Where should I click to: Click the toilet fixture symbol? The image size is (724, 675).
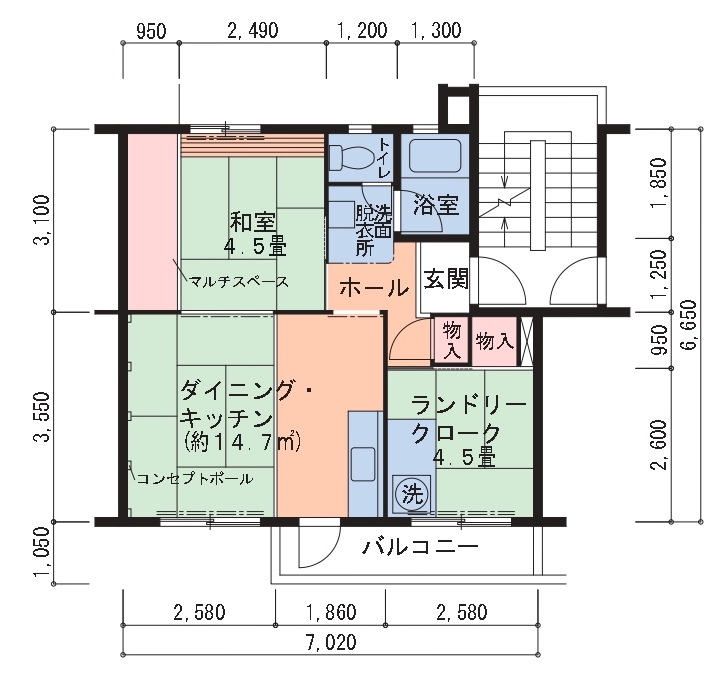coord(353,157)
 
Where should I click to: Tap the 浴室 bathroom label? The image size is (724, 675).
coord(435,205)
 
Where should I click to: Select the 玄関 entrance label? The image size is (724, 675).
coord(446,279)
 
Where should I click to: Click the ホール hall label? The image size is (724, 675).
coord(374,288)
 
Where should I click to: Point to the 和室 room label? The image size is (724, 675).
coord(253,222)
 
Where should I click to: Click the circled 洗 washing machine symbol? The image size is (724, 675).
coord(412,494)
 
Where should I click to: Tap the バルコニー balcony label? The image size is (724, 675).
coord(420,548)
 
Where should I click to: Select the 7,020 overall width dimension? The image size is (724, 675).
coord(331,642)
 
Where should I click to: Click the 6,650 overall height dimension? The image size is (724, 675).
coord(688,325)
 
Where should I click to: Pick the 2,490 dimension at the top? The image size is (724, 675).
coord(253,30)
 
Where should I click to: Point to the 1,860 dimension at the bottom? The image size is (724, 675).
coord(331,612)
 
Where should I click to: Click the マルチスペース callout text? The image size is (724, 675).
coord(239,281)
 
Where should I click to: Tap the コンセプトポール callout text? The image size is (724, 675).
coord(195,479)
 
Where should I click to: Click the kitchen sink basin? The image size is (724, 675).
coord(363,464)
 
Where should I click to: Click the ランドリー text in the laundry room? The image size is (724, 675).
coord(468,406)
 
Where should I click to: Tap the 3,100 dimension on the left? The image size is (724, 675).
coord(42,220)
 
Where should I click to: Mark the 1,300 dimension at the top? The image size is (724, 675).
coord(436,30)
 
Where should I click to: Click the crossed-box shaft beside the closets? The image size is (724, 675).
coord(527,341)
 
